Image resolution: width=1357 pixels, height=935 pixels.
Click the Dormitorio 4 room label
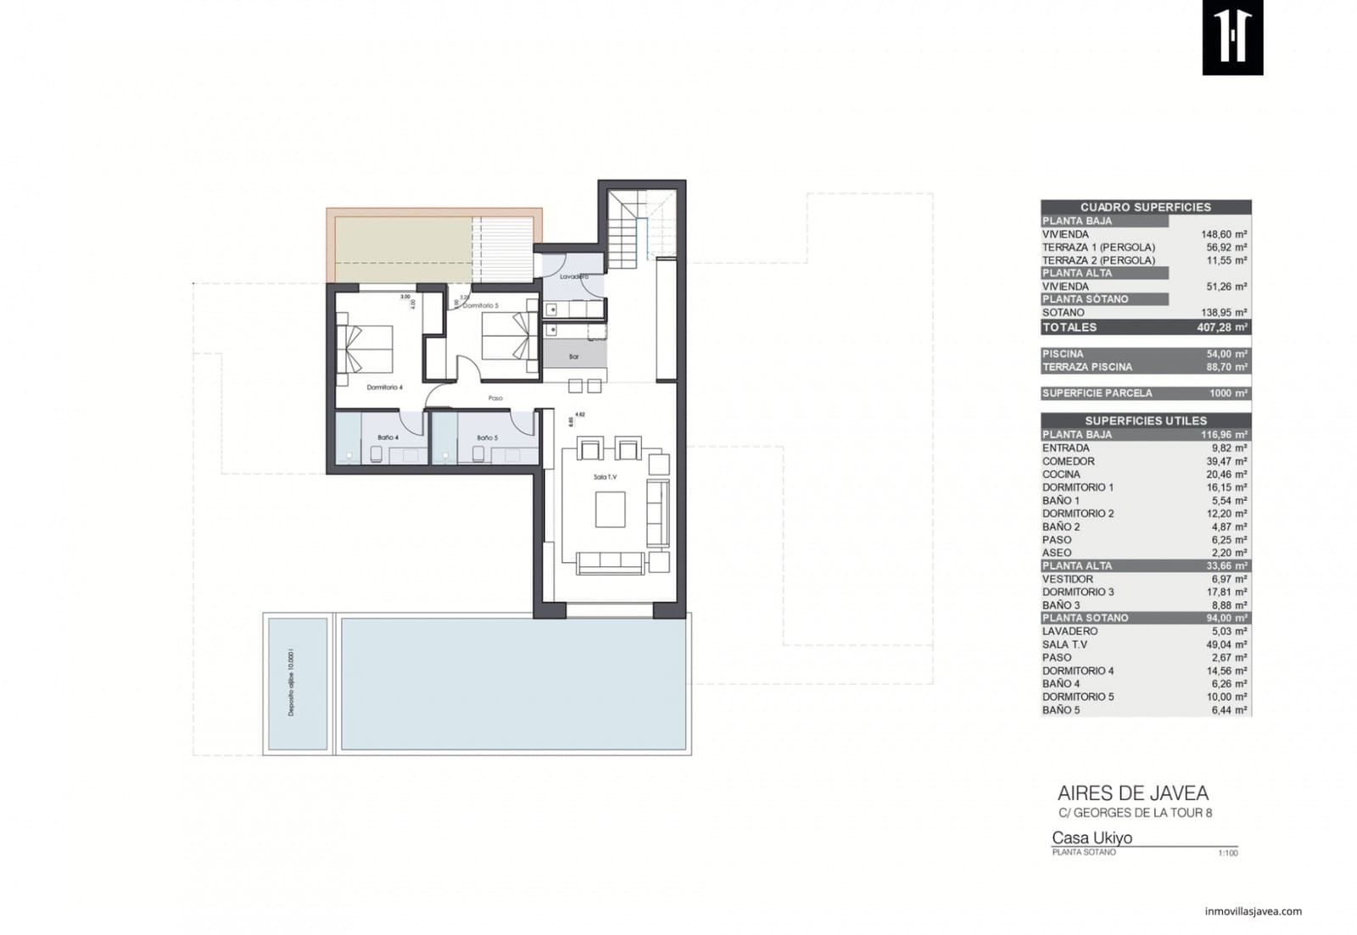coord(384,387)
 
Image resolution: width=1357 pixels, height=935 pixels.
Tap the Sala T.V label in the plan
coord(605,477)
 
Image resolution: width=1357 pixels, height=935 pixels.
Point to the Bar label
coord(574,357)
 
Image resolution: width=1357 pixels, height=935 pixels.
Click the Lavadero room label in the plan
coord(574,276)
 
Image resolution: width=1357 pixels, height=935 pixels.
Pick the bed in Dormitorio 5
coord(509,336)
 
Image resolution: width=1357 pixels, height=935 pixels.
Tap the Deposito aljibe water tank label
coord(292,683)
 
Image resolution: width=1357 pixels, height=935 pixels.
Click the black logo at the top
coord(1232,37)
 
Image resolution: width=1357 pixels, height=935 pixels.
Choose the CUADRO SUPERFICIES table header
coord(1145,207)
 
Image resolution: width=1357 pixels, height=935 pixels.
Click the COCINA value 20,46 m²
coord(1226,475)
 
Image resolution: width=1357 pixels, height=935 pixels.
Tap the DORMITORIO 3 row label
coord(1078,593)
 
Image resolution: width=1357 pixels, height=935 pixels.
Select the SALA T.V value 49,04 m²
coord(1226,645)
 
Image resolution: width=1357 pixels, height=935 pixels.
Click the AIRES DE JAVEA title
coord(1132,794)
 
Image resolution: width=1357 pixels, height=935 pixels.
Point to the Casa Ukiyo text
coord(1092,838)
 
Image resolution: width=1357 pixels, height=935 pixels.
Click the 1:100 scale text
coord(1227,853)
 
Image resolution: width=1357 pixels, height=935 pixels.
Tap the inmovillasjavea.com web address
coord(1253,911)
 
